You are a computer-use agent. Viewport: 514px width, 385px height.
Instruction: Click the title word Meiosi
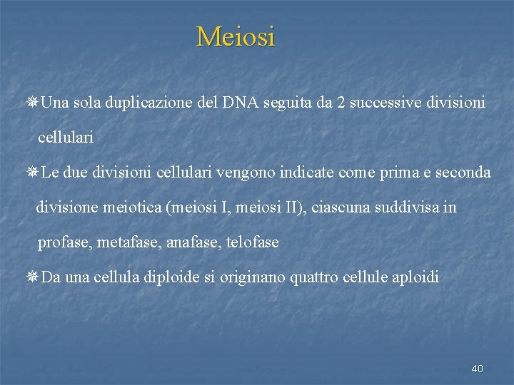(236, 36)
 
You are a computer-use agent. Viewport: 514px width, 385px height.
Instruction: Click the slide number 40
(478, 369)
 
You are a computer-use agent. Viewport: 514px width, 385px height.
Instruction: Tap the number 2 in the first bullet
(342, 103)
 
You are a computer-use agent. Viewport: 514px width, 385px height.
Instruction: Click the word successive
(390, 103)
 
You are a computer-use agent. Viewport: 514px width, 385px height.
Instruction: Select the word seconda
(463, 173)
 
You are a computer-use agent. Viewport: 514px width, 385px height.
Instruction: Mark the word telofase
(252, 243)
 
